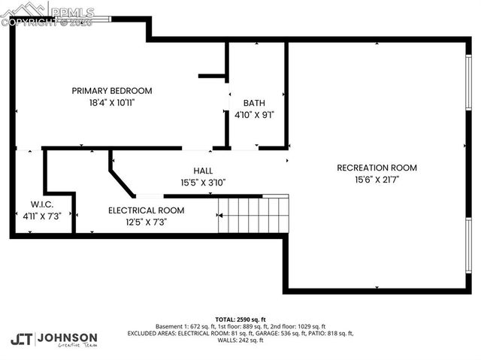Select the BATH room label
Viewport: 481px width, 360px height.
(254, 103)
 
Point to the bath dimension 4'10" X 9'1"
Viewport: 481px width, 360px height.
(254, 116)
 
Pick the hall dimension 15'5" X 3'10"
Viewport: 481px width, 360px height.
(203, 182)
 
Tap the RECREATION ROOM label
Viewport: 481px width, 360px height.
(377, 168)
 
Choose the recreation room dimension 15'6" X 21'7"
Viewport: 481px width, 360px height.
(377, 180)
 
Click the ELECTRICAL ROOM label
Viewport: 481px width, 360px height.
(146, 210)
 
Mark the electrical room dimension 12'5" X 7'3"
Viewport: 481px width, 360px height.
(146, 222)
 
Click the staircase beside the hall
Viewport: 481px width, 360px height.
(253, 215)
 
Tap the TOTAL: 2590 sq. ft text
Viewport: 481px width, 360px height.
(240, 319)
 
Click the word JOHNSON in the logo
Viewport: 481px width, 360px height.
(67, 337)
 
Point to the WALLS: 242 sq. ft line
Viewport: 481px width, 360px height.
(240, 340)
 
